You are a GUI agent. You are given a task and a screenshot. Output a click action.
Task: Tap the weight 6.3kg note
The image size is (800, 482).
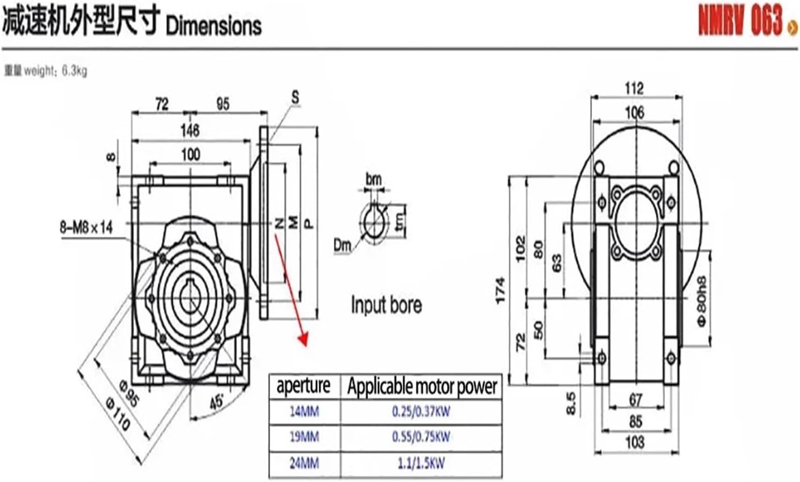coord(46,71)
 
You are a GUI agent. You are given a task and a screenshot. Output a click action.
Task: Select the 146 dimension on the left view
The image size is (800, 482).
coord(190,130)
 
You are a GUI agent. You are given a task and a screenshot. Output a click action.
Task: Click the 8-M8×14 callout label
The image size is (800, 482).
coord(86,228)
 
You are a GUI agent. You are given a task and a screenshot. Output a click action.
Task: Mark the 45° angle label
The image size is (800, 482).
coord(217,403)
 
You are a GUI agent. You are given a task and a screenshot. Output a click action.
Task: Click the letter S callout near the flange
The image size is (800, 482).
coord(295,98)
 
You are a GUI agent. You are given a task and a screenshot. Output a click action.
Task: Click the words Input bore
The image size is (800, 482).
coord(386,305)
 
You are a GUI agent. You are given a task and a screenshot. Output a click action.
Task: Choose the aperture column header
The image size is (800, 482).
coord(303,385)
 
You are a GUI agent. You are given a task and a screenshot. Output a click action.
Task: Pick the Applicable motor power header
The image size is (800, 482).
coord(422,386)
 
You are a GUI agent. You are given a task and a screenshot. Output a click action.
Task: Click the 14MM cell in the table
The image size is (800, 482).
coord(304,412)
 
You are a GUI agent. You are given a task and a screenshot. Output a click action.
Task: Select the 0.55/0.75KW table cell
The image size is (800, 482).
coord(421,437)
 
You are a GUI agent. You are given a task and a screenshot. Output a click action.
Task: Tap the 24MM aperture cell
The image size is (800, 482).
coord(304,463)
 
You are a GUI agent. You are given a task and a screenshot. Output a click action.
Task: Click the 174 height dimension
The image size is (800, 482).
coord(500,290)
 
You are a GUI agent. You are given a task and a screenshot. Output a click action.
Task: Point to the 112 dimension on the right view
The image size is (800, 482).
coord(634,88)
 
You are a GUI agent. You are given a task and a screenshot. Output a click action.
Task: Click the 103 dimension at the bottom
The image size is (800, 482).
coord(635,442)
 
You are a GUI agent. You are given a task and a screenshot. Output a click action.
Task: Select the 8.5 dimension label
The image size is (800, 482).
coord(571,403)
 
